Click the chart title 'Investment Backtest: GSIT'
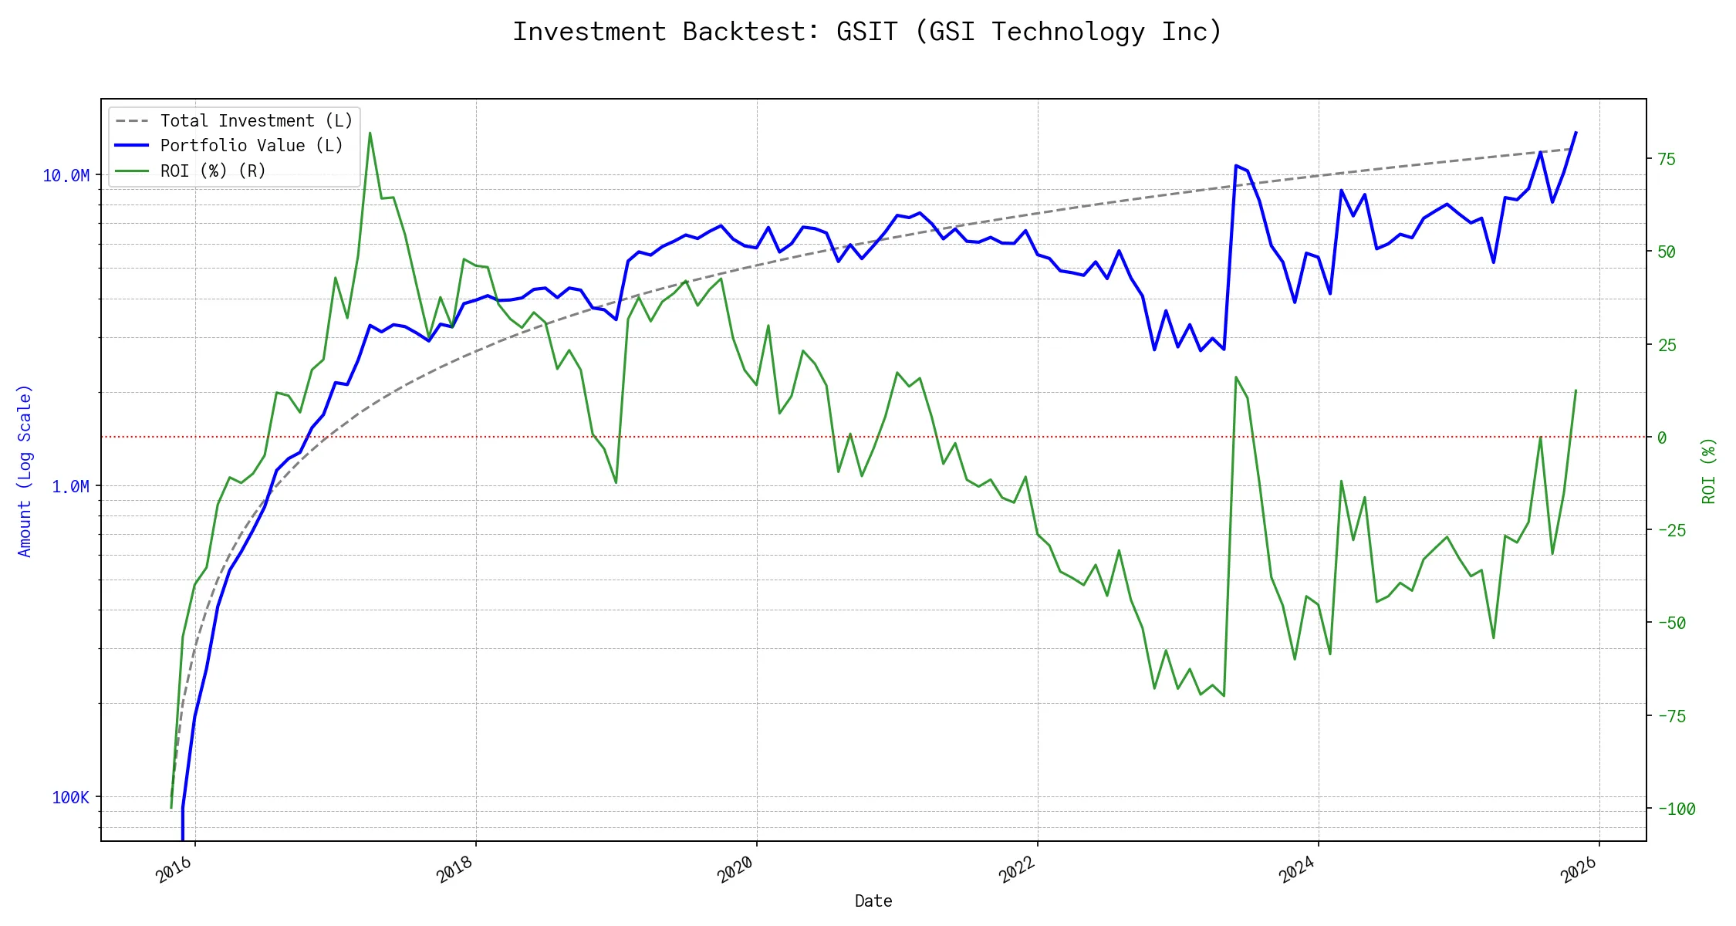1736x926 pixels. click(x=867, y=32)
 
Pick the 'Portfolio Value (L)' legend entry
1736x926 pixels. click(x=252, y=146)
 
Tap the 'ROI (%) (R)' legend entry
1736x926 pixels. click(x=213, y=171)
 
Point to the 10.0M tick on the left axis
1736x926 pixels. click(x=66, y=176)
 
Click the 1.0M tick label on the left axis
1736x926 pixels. click(x=70, y=486)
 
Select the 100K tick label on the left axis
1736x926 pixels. click(x=70, y=797)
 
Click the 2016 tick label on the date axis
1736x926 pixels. click(x=174, y=870)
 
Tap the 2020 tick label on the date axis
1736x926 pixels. click(x=736, y=870)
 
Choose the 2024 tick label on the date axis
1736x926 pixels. click(x=1298, y=870)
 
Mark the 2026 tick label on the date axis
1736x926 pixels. click(x=1579, y=870)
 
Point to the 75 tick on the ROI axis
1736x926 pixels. click(x=1667, y=160)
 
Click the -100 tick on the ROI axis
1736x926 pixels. click(x=1677, y=809)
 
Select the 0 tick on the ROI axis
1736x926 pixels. click(x=1662, y=438)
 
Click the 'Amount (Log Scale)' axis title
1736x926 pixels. click(x=25, y=471)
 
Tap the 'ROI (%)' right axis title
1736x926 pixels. click(x=1709, y=471)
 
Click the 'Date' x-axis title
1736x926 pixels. click(x=873, y=901)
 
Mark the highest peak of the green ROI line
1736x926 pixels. click(x=370, y=133)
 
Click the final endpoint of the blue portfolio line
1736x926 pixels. click(x=1576, y=133)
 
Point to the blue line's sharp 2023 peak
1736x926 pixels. click(x=1236, y=165)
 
